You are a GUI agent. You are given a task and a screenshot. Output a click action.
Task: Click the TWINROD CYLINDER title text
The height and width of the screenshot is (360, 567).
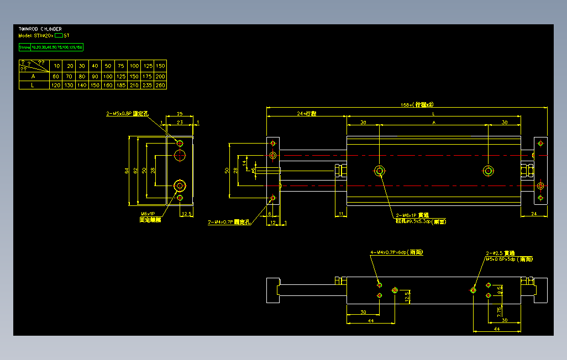coord(40,29)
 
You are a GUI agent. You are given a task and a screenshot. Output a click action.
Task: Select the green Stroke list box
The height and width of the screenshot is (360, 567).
coord(51,47)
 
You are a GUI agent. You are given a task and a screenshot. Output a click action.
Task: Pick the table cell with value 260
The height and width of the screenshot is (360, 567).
coord(160,86)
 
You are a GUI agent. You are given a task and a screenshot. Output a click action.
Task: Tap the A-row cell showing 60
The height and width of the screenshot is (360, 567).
coord(55,76)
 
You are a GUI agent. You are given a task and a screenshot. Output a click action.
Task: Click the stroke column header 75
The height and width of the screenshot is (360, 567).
coord(121,66)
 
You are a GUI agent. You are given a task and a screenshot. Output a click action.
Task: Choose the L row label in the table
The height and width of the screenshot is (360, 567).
coord(33,86)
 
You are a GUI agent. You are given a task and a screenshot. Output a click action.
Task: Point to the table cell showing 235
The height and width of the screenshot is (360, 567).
coord(147,86)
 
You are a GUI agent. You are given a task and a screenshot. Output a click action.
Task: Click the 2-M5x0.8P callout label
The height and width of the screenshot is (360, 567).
coord(128,114)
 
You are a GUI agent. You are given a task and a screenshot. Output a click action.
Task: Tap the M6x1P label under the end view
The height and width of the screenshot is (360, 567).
coord(147,214)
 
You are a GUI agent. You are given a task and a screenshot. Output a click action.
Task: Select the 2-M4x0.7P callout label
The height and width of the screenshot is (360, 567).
coord(229,223)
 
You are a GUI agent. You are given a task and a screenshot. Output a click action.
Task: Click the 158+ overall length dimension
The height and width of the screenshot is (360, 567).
coord(417,104)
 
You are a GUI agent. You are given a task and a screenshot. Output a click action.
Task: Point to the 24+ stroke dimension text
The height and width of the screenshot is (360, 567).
coord(307,113)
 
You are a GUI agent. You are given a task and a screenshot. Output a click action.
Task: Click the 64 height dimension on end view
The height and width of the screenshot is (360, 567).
coord(127,171)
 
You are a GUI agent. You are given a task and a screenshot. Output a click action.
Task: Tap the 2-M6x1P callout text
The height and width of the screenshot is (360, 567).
coord(412,215)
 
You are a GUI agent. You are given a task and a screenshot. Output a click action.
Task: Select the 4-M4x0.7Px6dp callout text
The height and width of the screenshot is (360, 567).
coord(397,252)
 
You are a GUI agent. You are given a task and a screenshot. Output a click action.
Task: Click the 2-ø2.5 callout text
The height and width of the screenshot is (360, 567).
coord(501,253)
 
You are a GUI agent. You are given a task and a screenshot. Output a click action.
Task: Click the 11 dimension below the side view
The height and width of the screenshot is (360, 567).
coord(341,213)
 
